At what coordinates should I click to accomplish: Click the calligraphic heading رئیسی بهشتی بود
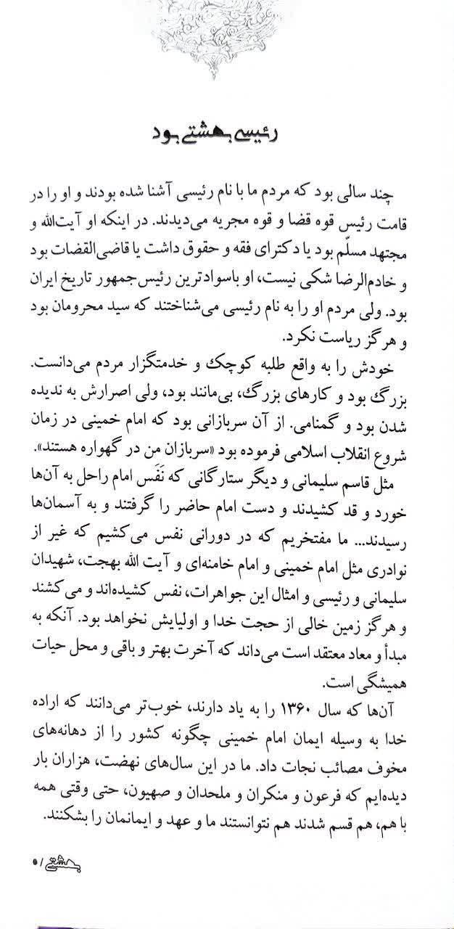[x=227, y=134]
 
